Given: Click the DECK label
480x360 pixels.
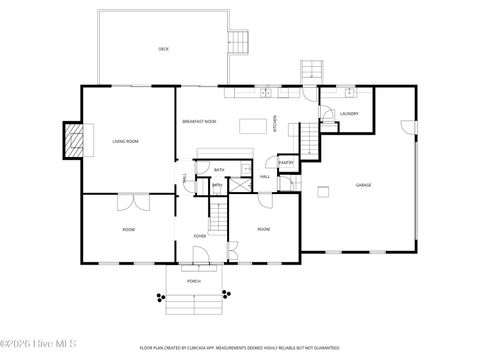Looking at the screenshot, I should pos(163,49).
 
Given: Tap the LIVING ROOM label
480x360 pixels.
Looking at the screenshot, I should pos(125,141).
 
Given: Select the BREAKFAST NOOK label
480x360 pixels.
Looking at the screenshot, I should pos(200,121).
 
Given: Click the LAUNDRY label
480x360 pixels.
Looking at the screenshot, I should pos(349,114).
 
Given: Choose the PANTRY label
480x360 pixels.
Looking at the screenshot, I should pos(286,162).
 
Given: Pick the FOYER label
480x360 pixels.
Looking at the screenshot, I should pos(200,236).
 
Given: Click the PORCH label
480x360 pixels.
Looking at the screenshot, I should pos(194,281).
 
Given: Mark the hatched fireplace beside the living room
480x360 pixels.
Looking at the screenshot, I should pos(73,140).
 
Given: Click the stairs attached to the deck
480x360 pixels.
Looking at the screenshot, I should pos(239,42).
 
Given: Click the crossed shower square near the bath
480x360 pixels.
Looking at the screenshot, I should pos(240,184).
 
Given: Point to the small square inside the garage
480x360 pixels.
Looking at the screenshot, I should pos(323,190).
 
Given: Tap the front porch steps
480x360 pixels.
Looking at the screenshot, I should pos(194,296).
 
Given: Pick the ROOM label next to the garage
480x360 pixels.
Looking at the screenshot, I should pos(264,229).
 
